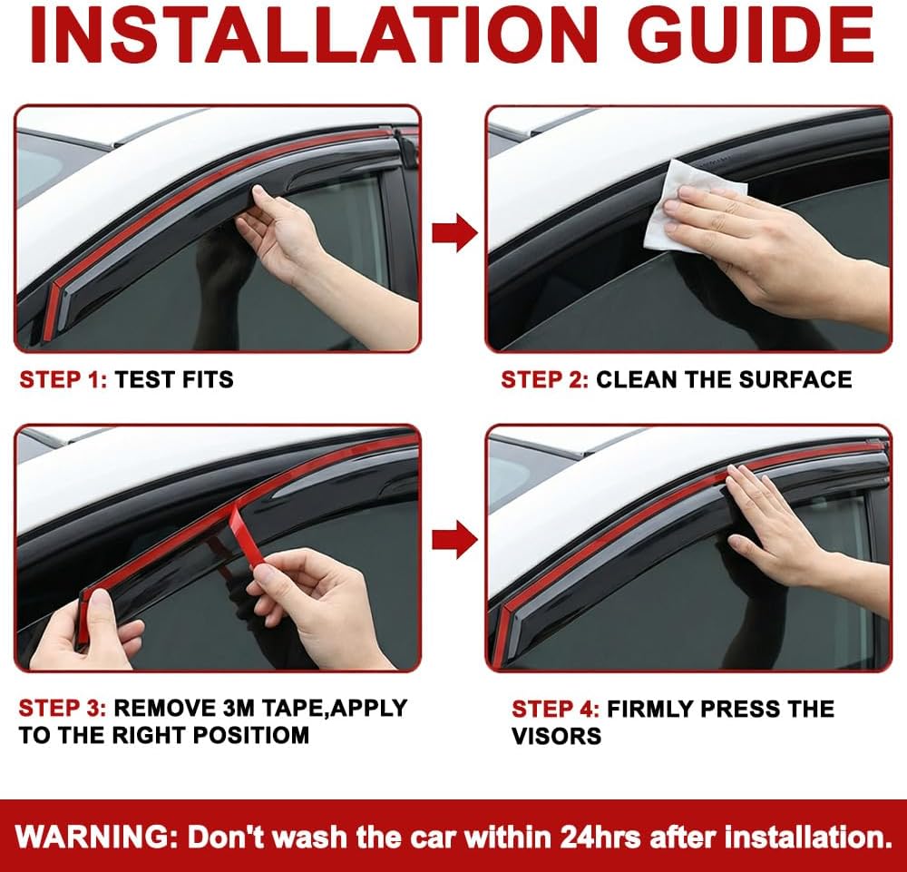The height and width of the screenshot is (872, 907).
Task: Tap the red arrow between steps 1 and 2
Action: point(454,232)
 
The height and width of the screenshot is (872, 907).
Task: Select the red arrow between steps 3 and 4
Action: point(454,539)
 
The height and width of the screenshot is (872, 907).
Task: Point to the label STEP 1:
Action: point(63,379)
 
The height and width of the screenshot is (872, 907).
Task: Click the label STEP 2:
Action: point(544,379)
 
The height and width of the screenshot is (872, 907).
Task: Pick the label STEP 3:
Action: point(63,708)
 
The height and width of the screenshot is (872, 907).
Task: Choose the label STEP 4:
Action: point(555,709)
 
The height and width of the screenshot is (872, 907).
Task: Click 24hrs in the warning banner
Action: point(600,837)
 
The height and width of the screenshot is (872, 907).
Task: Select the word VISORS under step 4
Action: point(557,736)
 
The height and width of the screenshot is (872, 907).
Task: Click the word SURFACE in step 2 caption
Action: point(795,379)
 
